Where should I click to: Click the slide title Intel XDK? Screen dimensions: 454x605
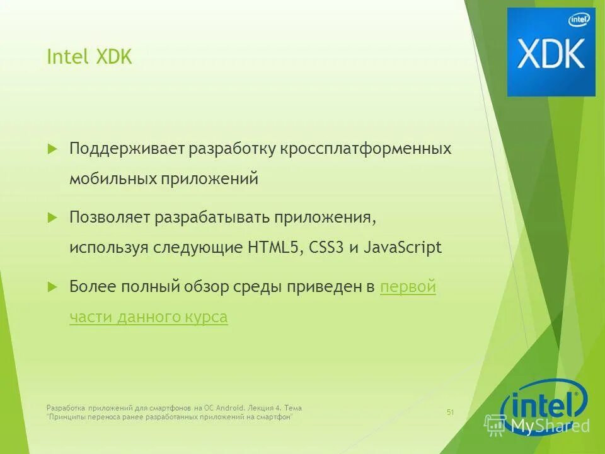click(x=89, y=57)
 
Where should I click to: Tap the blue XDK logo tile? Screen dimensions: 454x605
click(x=551, y=52)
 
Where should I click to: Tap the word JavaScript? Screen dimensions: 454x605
click(x=402, y=248)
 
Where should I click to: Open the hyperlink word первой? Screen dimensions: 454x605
click(x=408, y=287)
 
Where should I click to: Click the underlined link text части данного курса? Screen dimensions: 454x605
click(x=149, y=317)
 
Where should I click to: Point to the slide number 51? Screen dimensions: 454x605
click(x=450, y=412)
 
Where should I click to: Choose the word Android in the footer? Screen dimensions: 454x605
click(x=226, y=408)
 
